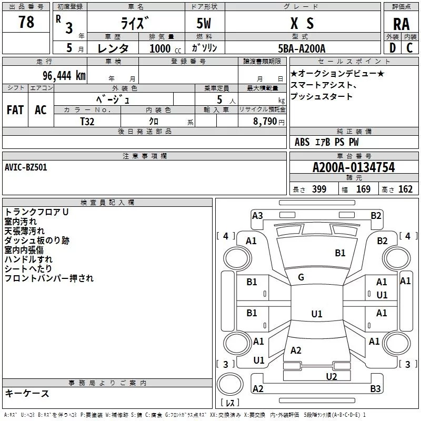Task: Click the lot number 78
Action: [x=26, y=23]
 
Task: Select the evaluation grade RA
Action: [x=401, y=24]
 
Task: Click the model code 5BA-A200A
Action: [x=302, y=49]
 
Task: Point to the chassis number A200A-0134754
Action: [x=353, y=168]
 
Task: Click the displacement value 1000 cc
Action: [x=164, y=49]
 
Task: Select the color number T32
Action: [x=87, y=121]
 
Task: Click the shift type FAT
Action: [x=15, y=110]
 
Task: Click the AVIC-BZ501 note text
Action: [x=26, y=167]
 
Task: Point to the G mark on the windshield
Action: [x=300, y=277]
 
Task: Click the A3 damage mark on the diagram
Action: [x=257, y=215]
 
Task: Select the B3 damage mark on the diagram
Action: [x=375, y=389]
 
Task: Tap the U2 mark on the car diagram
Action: [x=331, y=376]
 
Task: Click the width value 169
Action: [x=363, y=189]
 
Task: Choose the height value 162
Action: [x=405, y=189]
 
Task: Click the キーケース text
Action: [x=27, y=393]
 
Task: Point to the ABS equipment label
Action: [x=302, y=142]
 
